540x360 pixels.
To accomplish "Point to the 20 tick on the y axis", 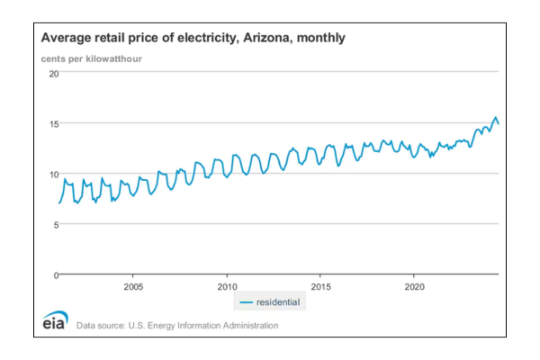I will pyautogui.click(x=53, y=73).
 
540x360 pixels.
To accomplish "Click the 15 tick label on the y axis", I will pyautogui.click(x=53, y=123).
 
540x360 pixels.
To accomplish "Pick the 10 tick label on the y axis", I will pyautogui.click(x=53, y=174).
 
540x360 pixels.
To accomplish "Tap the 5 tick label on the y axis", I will pyautogui.click(x=56, y=224).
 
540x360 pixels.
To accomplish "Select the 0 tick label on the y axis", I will pyautogui.click(x=56, y=274).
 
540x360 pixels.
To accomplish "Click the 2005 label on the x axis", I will pyautogui.click(x=133, y=287).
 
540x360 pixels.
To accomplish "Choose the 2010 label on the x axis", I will pyautogui.click(x=226, y=287).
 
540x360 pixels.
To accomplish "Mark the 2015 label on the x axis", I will pyautogui.click(x=319, y=287).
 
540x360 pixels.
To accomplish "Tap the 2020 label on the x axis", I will pyautogui.click(x=413, y=287).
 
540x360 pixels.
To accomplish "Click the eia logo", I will pyautogui.click(x=55, y=321).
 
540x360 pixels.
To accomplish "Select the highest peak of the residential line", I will pyautogui.click(x=495, y=118).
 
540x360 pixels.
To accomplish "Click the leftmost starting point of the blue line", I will pyautogui.click(x=59, y=202).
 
